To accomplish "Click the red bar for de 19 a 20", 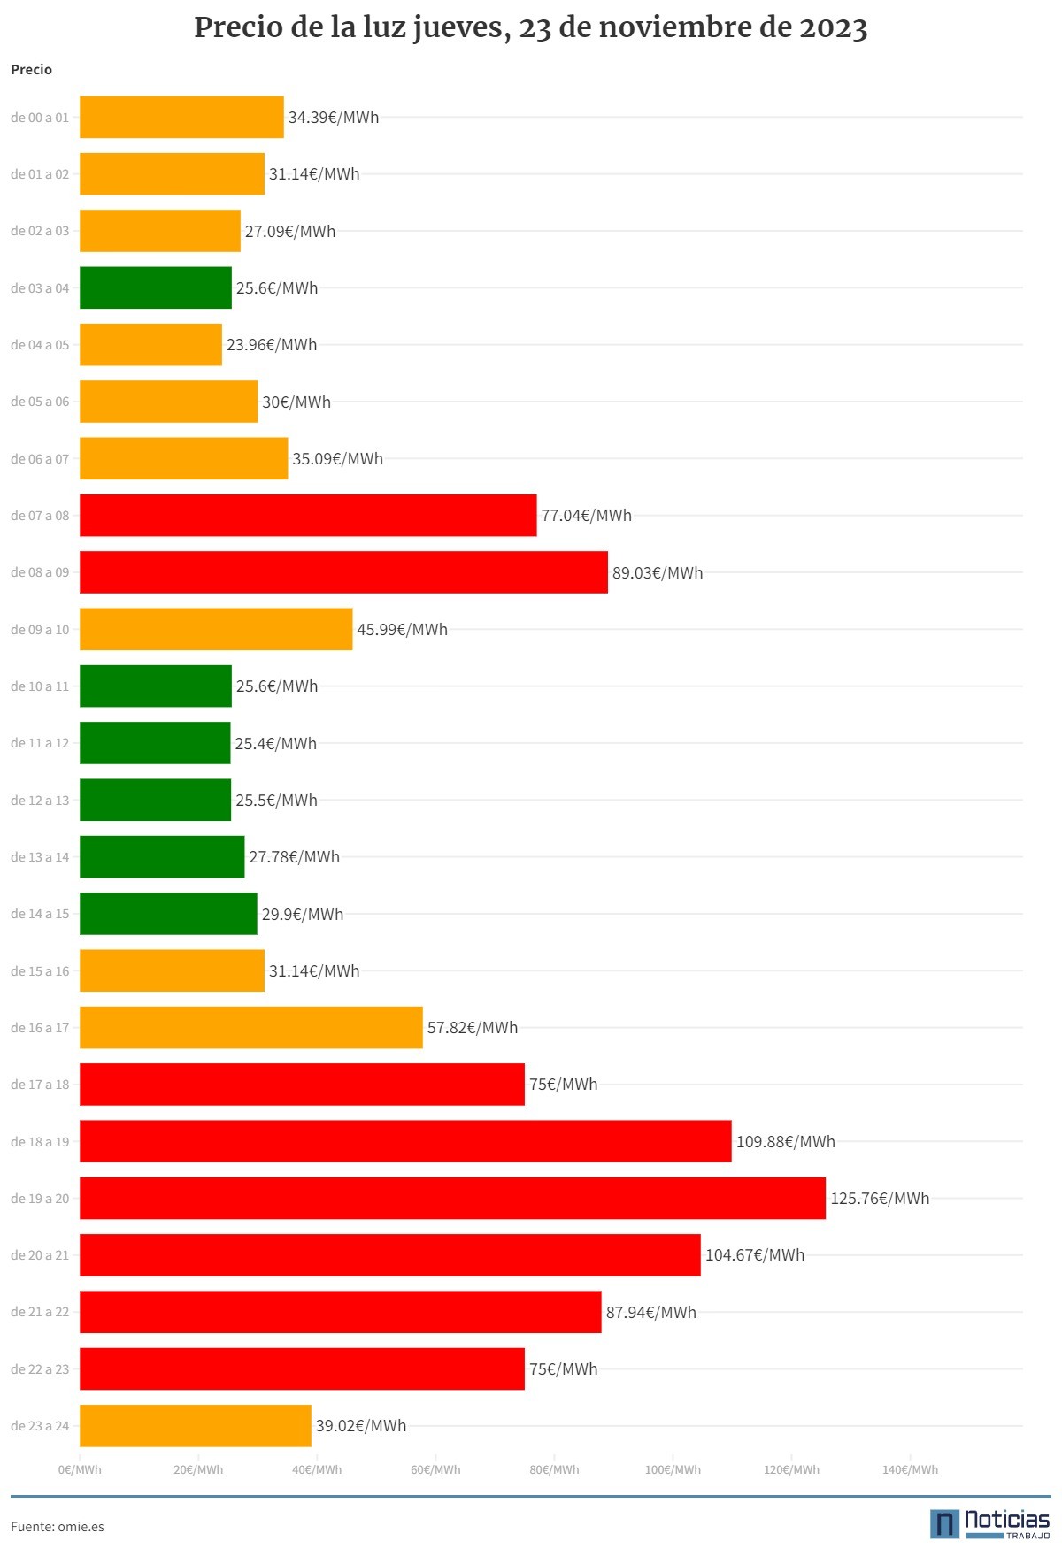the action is [452, 1198].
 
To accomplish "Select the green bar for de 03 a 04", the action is [156, 287].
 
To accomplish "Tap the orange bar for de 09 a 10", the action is [216, 629].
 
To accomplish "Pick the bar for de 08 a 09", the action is [343, 572].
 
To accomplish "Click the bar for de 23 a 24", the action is [196, 1426].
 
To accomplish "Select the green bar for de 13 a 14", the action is [162, 856].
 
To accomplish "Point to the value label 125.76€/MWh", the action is [880, 1199].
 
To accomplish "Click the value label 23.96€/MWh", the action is [272, 345].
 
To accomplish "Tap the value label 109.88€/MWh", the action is [786, 1142].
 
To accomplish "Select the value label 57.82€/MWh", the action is [473, 1028].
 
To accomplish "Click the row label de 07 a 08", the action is [40, 516].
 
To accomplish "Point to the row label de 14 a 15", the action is [40, 914].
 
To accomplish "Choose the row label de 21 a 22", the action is [40, 1312].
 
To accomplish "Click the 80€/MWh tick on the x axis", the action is [554, 1469].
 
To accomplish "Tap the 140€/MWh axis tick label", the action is [910, 1469].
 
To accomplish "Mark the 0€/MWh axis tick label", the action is [80, 1469].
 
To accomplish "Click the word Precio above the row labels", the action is [31, 70].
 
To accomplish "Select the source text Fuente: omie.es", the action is [58, 1527].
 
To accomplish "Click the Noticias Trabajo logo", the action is [989, 1523].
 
